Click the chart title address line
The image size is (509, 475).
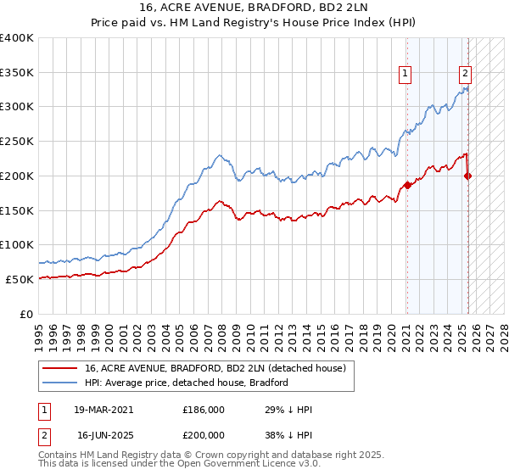pyautogui.click(x=255, y=8)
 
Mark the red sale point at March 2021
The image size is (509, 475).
pyautogui.click(x=407, y=185)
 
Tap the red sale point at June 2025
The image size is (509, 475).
pyautogui.click(x=467, y=176)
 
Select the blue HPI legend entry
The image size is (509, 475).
pyautogui.click(x=187, y=383)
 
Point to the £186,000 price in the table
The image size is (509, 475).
pyautogui.click(x=204, y=409)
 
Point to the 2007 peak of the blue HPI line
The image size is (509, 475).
pyautogui.click(x=219, y=155)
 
